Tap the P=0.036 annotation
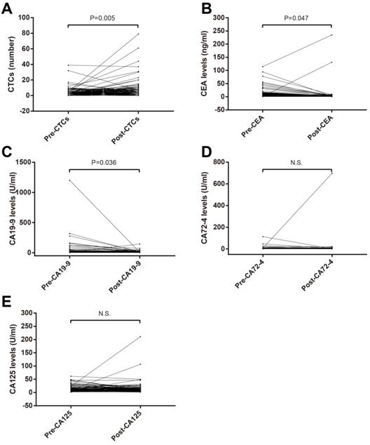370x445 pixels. (103, 164)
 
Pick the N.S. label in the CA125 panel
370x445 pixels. (103, 315)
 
